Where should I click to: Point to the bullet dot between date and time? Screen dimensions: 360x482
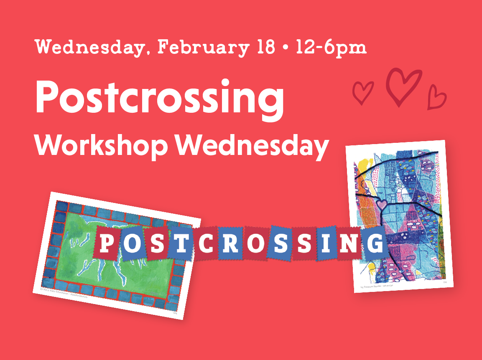click(286, 48)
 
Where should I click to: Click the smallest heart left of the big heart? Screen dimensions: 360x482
click(362, 92)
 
